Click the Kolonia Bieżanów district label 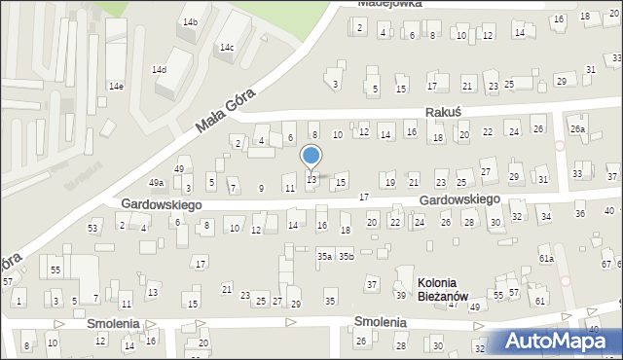click(443, 289)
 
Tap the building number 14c click(226, 48)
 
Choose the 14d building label click(159, 70)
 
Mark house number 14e click(116, 87)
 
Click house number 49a click(156, 183)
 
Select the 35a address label click(324, 256)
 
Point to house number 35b click(346, 256)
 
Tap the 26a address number click(578, 129)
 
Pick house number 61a click(547, 259)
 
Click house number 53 click(93, 229)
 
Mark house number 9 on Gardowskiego click(260, 188)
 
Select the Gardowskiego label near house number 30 click(459, 199)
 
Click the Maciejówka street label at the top click(389, 4)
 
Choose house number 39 click(400, 295)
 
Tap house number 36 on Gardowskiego click(580, 213)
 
